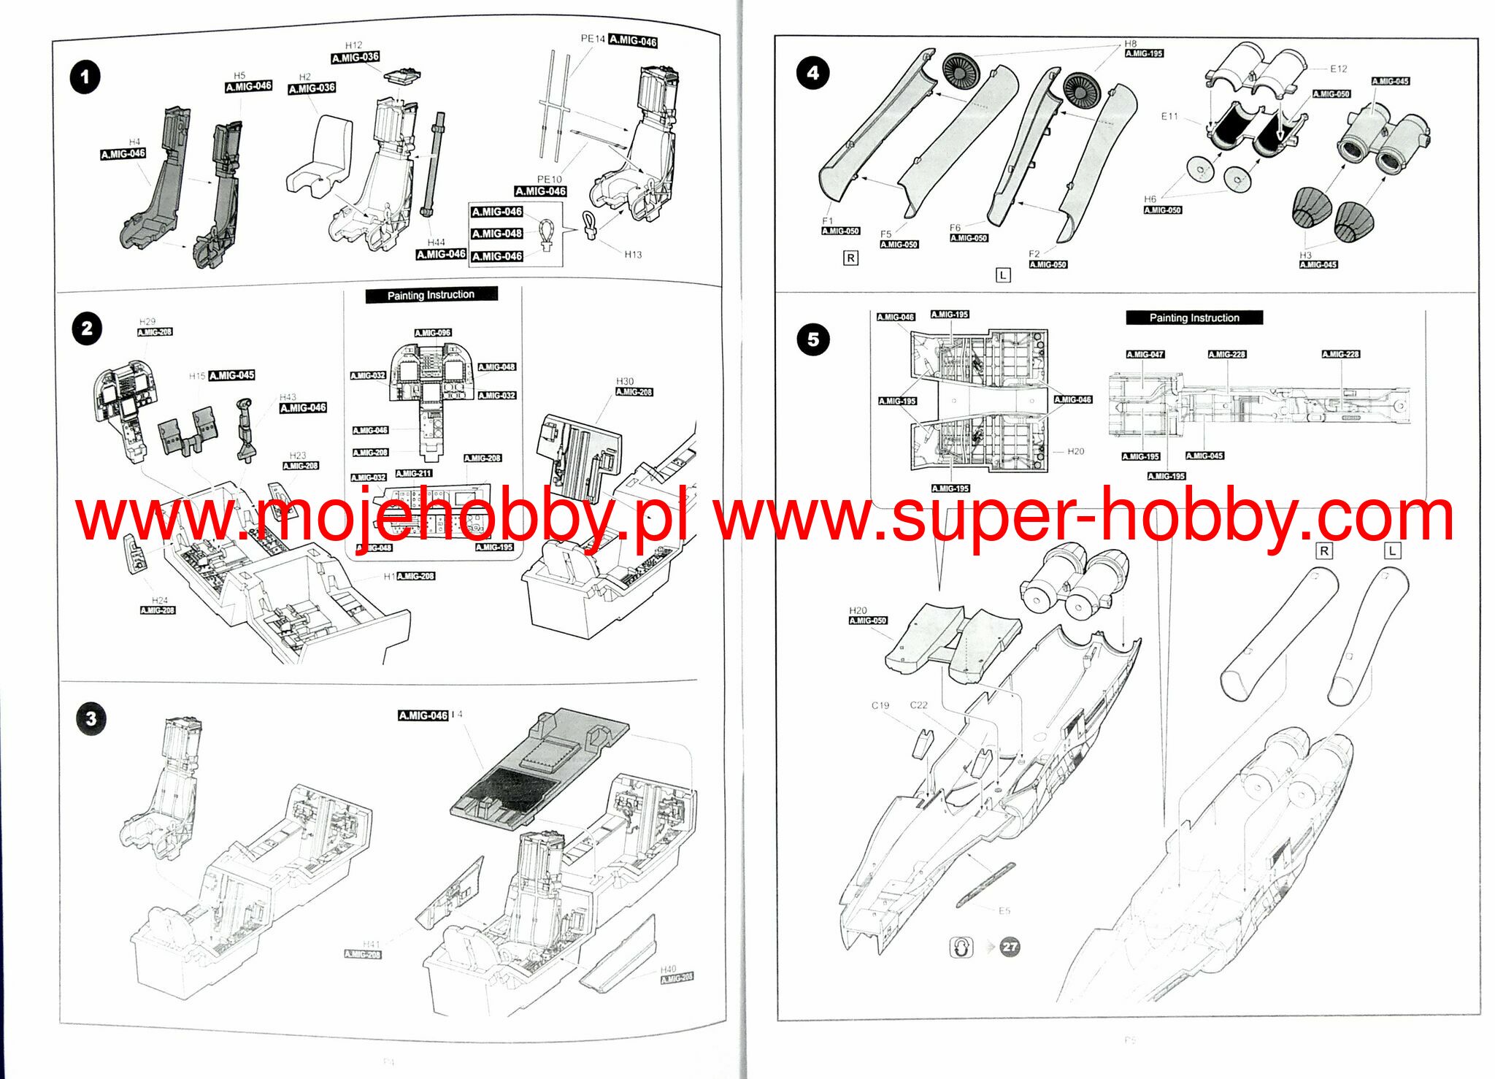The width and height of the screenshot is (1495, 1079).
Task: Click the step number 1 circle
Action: pos(85,77)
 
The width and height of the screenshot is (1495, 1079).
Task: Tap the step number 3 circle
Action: pos(91,718)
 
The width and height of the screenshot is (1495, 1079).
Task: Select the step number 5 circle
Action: pos(813,339)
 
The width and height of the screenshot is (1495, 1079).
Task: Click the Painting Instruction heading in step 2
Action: pos(431,295)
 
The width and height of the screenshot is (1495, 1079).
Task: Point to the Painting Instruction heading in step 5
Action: pos(1194,318)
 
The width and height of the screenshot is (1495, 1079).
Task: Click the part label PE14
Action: pos(593,39)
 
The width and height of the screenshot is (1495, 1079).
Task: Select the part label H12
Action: pos(353,45)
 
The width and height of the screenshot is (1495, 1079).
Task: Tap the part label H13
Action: pos(633,255)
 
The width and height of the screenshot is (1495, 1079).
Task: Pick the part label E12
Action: pos(1338,69)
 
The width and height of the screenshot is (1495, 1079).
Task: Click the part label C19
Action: pos(880,705)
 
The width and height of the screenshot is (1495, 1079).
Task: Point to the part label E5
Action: pos(1004,910)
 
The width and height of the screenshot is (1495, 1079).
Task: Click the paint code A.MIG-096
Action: pos(433,333)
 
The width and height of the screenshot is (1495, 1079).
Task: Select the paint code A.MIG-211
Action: pos(414,473)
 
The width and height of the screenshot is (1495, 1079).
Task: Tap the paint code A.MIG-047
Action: pos(1145,354)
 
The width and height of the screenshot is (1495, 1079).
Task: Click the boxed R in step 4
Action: pos(850,258)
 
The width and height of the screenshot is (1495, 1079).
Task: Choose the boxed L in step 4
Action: pos(1003,275)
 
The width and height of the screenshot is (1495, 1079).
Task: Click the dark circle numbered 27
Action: pos(1010,947)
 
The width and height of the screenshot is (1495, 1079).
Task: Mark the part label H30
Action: pos(625,381)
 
